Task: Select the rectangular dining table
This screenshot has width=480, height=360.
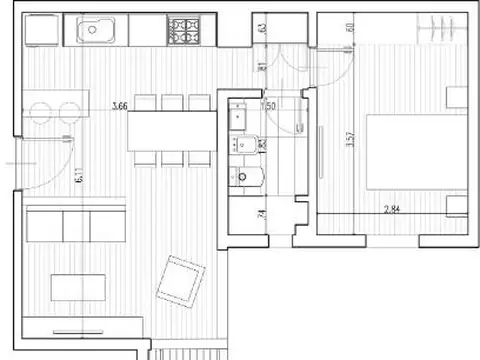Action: [x=171, y=129]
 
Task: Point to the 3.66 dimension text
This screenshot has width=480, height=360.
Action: [x=120, y=105]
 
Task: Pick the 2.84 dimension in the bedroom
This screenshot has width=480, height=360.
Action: [x=398, y=211]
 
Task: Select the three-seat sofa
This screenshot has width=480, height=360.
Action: [x=75, y=223]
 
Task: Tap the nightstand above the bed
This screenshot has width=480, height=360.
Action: [x=457, y=96]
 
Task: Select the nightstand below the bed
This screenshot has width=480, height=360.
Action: [x=457, y=205]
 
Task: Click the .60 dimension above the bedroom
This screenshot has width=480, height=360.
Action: [x=349, y=28]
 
